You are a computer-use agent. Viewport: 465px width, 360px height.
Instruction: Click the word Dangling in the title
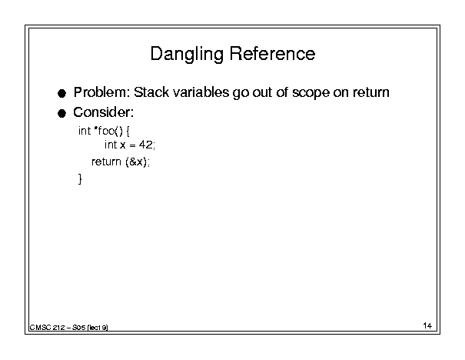(187, 55)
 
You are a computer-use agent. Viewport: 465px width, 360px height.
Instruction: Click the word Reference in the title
(272, 54)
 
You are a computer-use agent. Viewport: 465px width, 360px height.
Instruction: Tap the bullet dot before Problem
(61, 94)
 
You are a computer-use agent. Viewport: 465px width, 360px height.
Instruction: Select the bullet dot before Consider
(61, 113)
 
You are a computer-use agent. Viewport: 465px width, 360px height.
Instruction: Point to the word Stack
(151, 92)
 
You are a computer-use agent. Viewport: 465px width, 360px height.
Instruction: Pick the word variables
(201, 92)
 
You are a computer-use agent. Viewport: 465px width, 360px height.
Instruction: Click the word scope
(311, 93)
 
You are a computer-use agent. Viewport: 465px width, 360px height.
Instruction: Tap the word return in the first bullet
(371, 92)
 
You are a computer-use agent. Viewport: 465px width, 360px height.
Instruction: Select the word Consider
(103, 112)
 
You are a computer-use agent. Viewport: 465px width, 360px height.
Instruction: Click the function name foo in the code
(107, 131)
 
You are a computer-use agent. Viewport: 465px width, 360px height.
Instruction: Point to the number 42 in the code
(145, 145)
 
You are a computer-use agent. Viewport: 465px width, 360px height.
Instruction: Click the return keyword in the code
(106, 162)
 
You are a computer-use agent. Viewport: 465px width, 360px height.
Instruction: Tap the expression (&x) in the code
(136, 162)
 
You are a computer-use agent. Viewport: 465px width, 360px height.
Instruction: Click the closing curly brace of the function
(80, 179)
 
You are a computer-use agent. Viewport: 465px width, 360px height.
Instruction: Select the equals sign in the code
(132, 145)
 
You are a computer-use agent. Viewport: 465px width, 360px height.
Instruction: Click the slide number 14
(427, 326)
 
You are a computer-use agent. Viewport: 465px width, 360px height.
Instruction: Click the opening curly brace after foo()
(128, 131)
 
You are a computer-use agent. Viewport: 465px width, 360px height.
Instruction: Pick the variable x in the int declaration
(123, 145)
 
